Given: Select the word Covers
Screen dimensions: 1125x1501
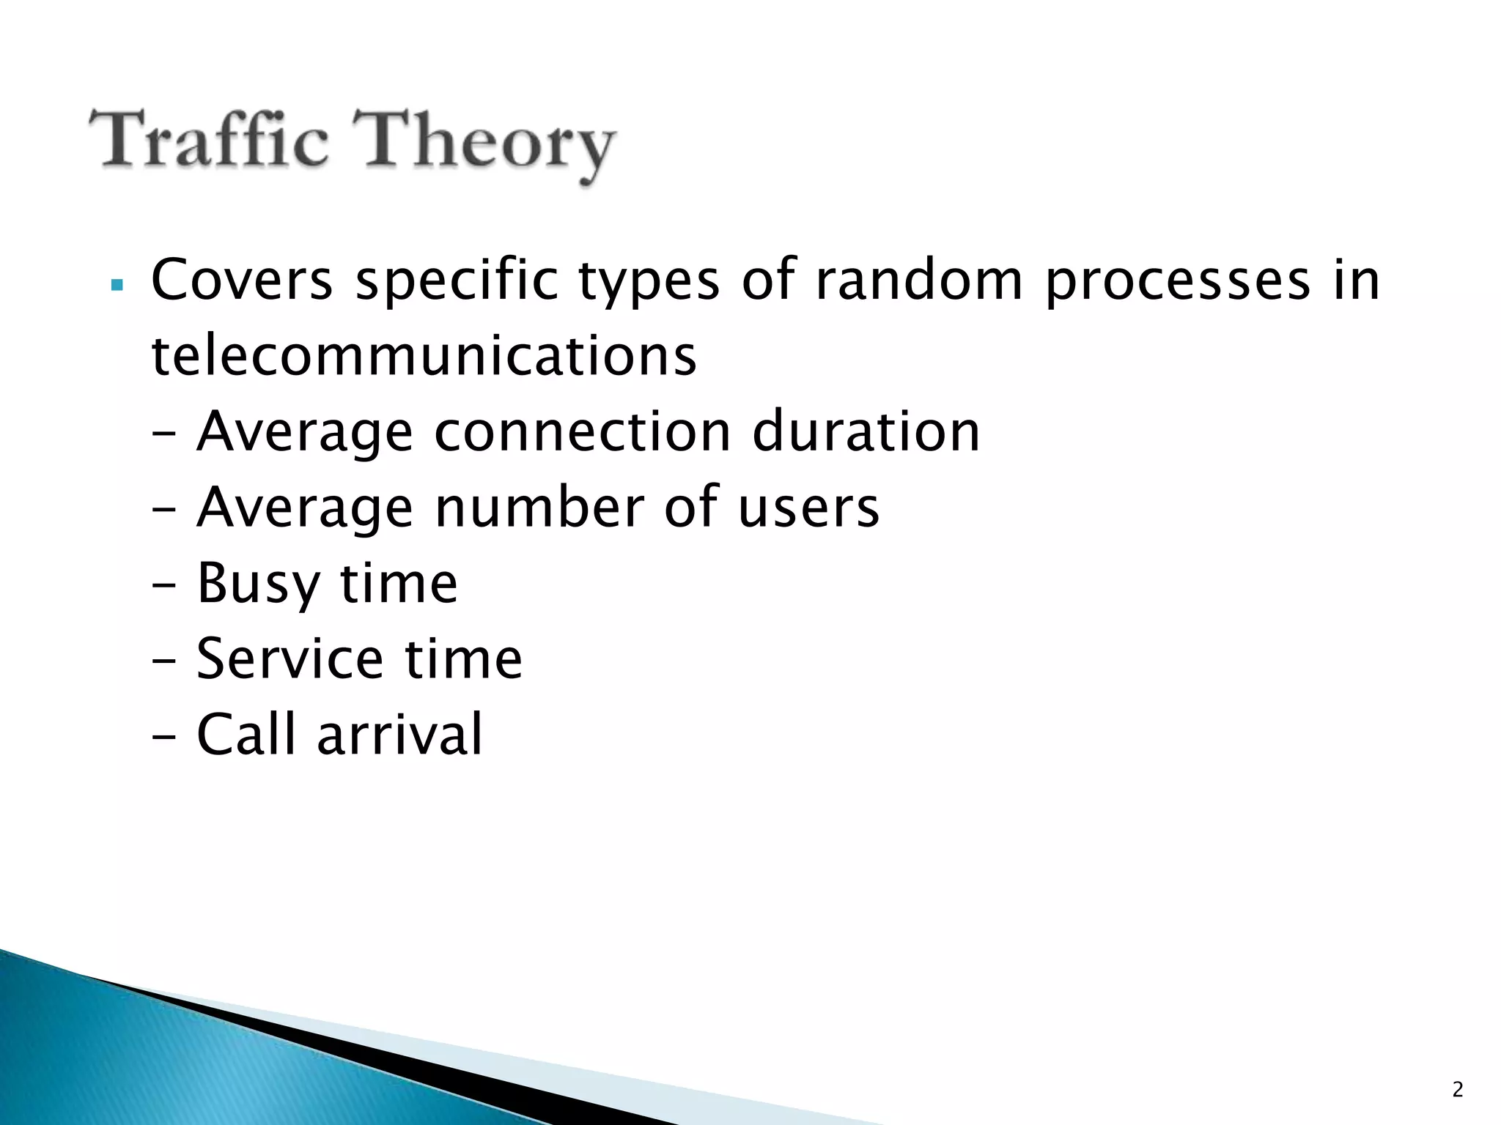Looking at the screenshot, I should pos(242,281).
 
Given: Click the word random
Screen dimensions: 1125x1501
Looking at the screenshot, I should pos(918,281).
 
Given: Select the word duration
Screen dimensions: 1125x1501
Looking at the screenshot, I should pos(866,432).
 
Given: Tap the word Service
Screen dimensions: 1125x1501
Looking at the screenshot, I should pos(289,659).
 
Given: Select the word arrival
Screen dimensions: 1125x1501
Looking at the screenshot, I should pos(400,735).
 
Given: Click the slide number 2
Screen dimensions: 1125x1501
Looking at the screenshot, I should pos(1457,1090).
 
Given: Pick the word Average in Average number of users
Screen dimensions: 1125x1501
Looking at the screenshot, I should pos(305,509).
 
